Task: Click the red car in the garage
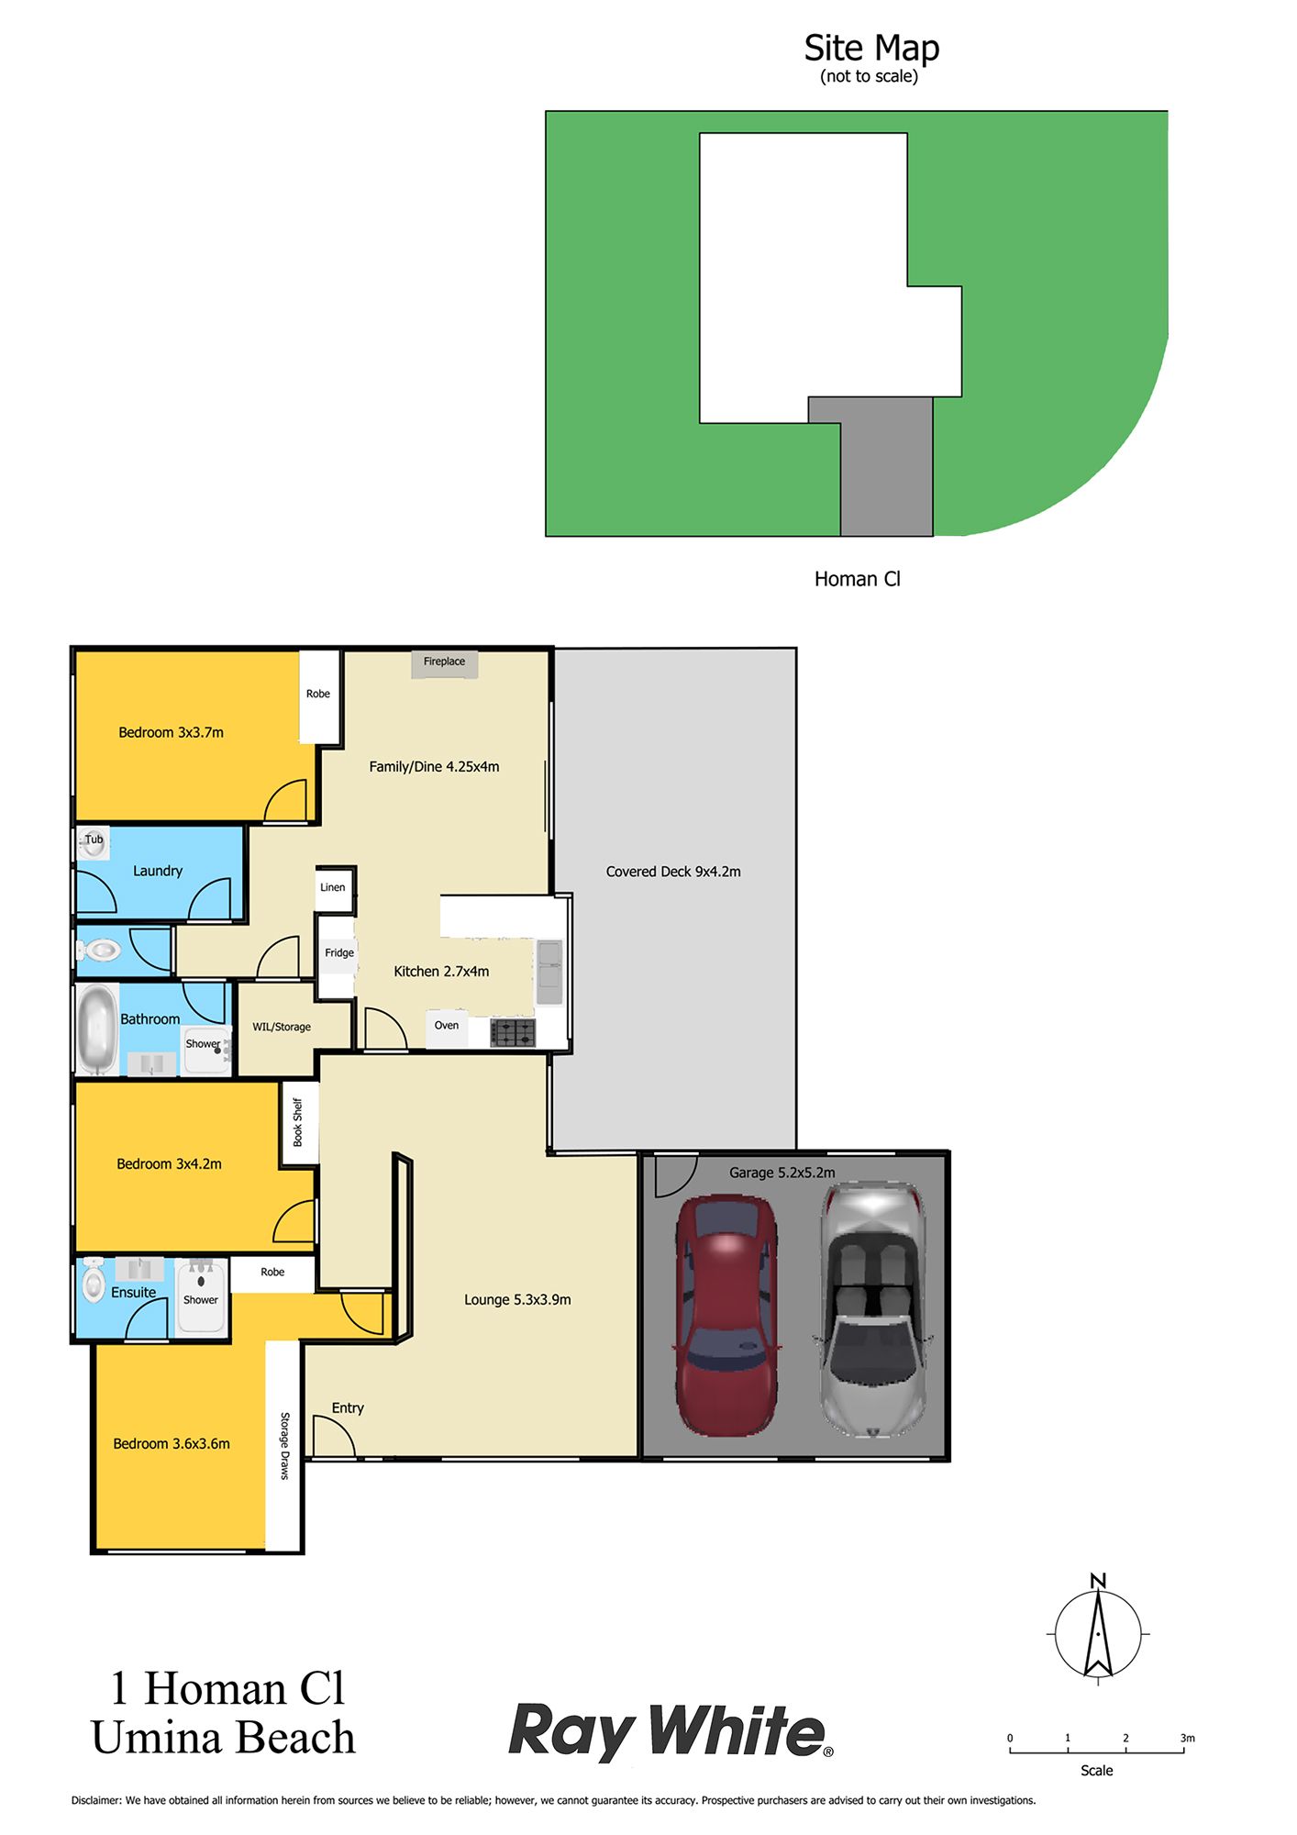pyautogui.click(x=726, y=1315)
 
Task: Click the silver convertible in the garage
pyautogui.click(x=872, y=1309)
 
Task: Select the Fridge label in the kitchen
pyautogui.click(x=339, y=952)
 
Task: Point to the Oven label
pyautogui.click(x=447, y=1026)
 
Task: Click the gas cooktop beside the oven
pyautogui.click(x=513, y=1032)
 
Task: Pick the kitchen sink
pyautogui.click(x=549, y=971)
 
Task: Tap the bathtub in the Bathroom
pyautogui.click(x=96, y=1029)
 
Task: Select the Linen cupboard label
pyautogui.click(x=333, y=887)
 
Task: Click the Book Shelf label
pyautogui.click(x=297, y=1122)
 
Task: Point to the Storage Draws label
pyautogui.click(x=284, y=1446)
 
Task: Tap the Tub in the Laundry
pyautogui.click(x=93, y=842)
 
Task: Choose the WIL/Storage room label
pyautogui.click(x=282, y=1027)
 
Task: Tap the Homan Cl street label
pyautogui.click(x=858, y=579)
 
